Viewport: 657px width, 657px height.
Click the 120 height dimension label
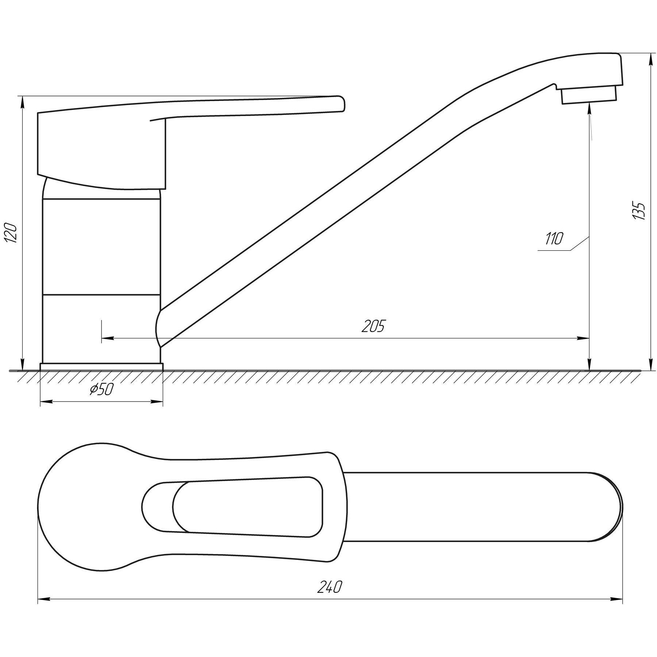click(11, 232)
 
